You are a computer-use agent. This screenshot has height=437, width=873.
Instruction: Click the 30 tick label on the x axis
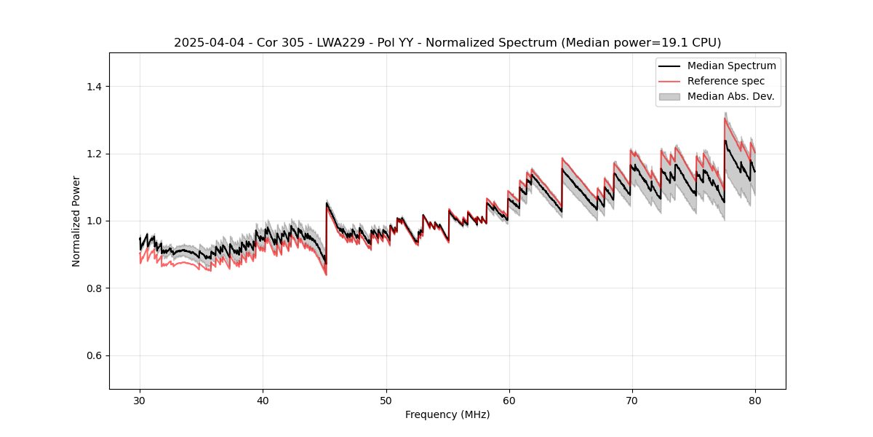[140, 401]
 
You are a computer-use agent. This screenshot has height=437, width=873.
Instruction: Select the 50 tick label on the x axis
[386, 401]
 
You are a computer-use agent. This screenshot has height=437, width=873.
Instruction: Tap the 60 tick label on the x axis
[509, 401]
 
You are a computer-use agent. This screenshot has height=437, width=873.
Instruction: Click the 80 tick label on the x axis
[755, 401]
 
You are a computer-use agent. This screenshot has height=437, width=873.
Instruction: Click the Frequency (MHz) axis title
[447, 415]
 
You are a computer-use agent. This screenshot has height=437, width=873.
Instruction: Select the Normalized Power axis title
[76, 221]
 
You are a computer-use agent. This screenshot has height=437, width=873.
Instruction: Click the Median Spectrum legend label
[731, 66]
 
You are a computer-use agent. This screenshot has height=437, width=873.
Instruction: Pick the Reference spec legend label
[726, 81]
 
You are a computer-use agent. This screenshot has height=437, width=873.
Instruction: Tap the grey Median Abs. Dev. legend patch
[669, 96]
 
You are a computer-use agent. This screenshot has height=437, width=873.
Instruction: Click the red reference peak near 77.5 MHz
[725, 118]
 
